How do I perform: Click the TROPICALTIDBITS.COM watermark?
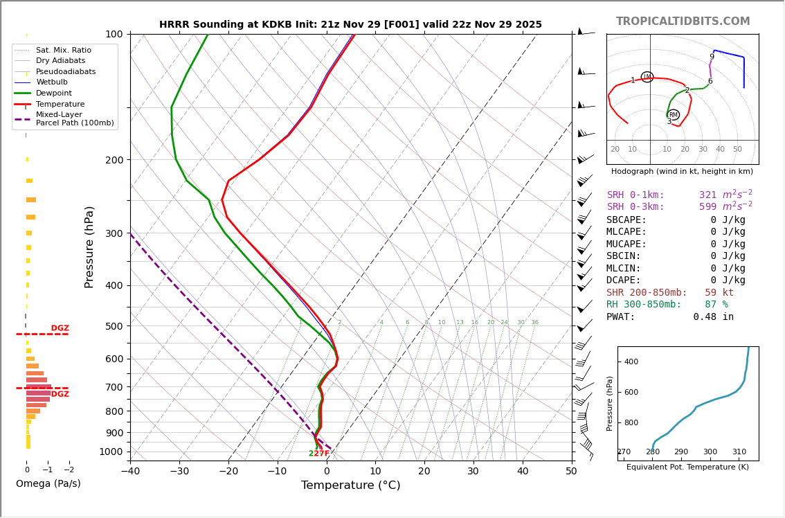point(683,21)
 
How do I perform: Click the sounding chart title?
point(350,24)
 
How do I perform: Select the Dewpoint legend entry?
point(54,93)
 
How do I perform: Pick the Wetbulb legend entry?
point(52,82)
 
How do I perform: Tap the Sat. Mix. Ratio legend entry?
point(64,50)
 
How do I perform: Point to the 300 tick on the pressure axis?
point(113,233)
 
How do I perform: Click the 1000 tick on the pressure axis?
point(110,452)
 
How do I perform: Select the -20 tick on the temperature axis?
point(228,472)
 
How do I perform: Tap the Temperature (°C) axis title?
point(350,485)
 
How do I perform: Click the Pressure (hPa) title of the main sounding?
point(89,247)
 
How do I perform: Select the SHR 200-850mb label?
point(647,292)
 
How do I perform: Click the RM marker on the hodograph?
point(674,115)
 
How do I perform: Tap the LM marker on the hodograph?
point(647,77)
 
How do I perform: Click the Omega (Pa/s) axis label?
point(48,483)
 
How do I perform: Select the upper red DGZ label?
point(60,328)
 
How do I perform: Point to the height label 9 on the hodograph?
point(712,57)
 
